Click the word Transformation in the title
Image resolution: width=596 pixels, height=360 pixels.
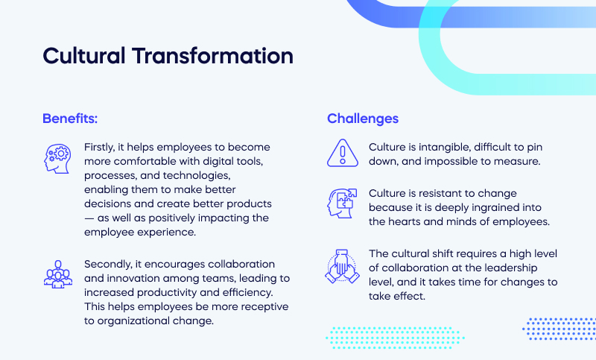click(213, 56)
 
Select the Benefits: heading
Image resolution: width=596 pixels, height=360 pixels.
click(70, 119)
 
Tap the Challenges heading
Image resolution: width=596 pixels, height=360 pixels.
click(363, 119)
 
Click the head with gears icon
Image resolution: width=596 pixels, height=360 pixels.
click(57, 158)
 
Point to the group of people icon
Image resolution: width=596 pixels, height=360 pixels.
click(57, 274)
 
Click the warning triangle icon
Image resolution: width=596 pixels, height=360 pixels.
click(342, 154)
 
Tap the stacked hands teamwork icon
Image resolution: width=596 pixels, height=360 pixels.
click(342, 267)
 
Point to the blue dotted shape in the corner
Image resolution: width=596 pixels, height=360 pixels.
click(559, 328)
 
